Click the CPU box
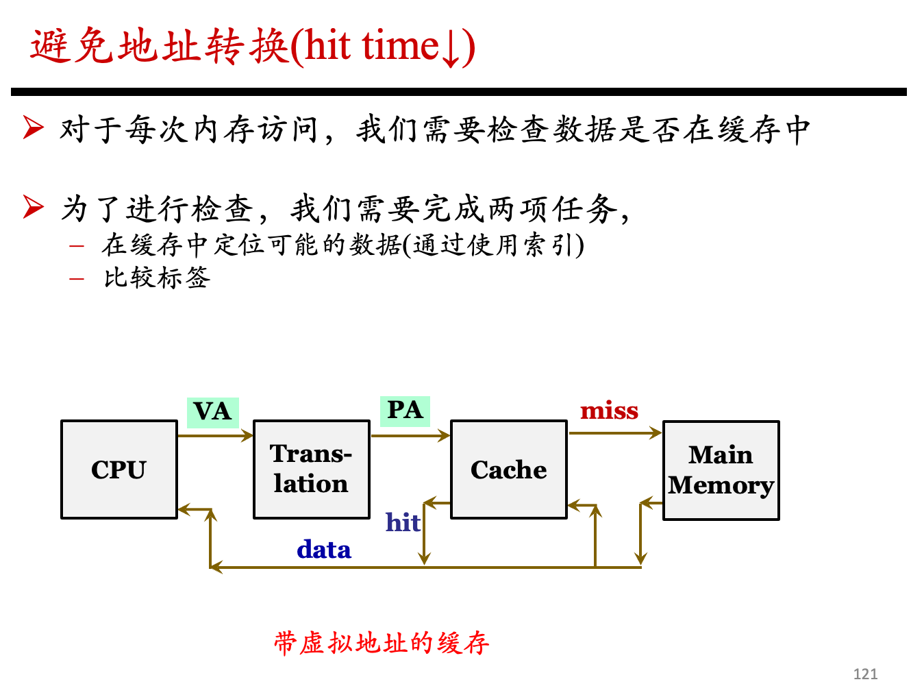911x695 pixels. [118, 469]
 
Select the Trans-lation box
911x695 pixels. [311, 469]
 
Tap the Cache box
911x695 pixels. [508, 469]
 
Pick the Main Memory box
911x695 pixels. [721, 470]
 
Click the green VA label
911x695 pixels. [212, 412]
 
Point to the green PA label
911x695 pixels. [405, 411]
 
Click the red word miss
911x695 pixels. [609, 411]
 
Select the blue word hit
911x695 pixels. [403, 522]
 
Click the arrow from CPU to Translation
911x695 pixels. [215, 435]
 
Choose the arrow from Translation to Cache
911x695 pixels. [410, 435]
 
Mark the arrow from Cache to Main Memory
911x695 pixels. [615, 433]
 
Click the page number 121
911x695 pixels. [865, 674]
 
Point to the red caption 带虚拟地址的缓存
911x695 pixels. [382, 643]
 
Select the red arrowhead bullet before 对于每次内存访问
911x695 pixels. [33, 127]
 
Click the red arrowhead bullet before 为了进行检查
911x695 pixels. [33, 206]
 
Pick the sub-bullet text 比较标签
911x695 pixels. [157, 278]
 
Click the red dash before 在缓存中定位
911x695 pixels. [77, 246]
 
